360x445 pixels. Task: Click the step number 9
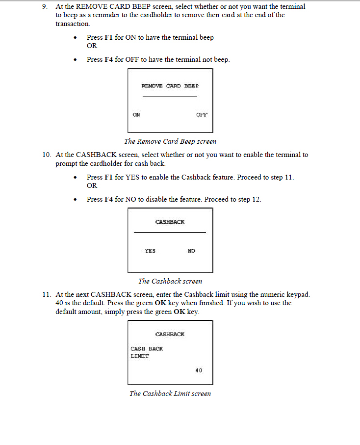45,7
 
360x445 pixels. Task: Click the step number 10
47,155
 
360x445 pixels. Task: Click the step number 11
47,294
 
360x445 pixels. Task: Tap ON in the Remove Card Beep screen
136,115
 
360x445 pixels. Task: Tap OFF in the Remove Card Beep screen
202,115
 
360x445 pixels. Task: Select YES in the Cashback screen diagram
150,251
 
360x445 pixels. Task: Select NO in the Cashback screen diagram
191,251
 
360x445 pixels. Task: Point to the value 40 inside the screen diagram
198,370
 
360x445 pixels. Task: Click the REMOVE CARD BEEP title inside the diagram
170,86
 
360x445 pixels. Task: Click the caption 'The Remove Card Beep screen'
170,141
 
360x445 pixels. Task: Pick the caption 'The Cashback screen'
170,281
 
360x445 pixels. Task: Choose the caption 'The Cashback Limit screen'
170,393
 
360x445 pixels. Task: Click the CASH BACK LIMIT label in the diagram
146,352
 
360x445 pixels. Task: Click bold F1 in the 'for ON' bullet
109,37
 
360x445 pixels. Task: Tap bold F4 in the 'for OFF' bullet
109,59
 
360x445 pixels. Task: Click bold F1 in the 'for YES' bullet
109,177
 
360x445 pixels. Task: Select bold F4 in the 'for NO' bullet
109,199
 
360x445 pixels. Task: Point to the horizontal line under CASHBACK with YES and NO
170,232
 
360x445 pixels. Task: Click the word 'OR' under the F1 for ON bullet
92,46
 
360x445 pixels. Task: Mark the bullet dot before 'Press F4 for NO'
75,200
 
